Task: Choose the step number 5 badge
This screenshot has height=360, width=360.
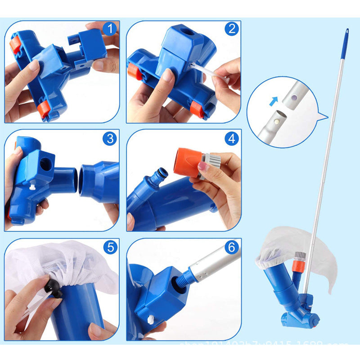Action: tap(109, 247)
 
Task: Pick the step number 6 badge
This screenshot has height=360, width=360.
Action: tap(232, 247)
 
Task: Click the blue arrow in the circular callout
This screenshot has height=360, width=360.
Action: tap(273, 101)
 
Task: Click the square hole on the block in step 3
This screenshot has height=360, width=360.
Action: tap(45, 164)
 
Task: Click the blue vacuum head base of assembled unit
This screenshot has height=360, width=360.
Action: tap(300, 319)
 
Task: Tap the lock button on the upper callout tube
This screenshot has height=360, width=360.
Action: tap(293, 97)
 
